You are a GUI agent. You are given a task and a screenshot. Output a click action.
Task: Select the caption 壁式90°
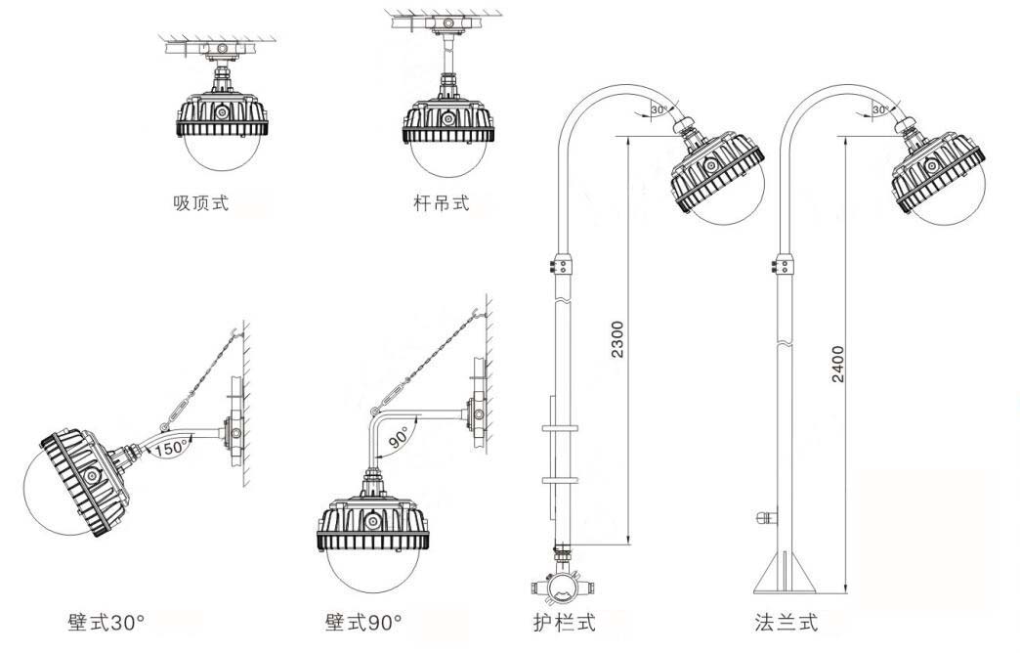click(x=363, y=622)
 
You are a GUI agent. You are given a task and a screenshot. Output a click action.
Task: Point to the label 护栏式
click(x=559, y=622)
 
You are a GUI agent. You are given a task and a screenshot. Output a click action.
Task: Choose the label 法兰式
click(x=786, y=622)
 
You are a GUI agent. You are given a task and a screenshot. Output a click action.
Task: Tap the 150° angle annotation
click(x=171, y=449)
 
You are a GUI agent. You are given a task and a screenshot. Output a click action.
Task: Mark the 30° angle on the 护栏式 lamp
click(x=660, y=110)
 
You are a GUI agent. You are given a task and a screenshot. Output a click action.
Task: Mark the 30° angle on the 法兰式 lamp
click(x=882, y=110)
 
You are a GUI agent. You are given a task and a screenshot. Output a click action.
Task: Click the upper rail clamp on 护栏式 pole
click(x=561, y=429)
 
